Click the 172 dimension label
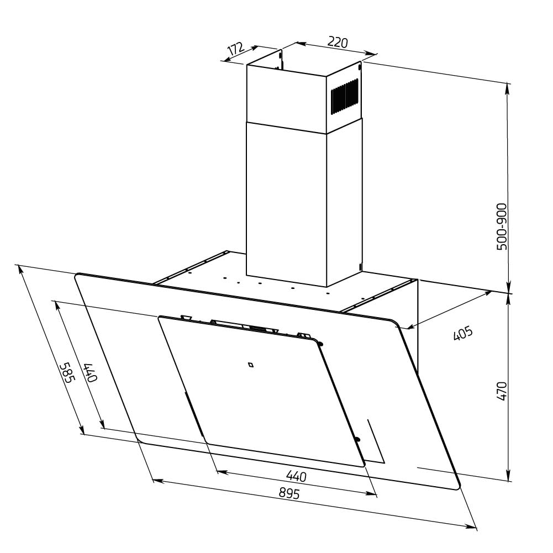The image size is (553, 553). [x=236, y=49]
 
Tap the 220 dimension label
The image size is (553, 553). [x=338, y=42]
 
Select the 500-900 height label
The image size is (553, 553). [x=502, y=227]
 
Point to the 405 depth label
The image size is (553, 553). [x=463, y=334]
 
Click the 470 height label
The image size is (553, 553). [x=502, y=391]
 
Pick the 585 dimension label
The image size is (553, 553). [x=68, y=373]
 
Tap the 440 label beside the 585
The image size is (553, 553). [x=91, y=373]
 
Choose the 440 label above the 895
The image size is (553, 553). [x=296, y=476]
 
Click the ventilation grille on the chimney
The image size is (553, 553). [x=345, y=96]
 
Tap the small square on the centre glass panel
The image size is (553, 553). [x=250, y=364]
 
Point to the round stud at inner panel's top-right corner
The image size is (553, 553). [x=321, y=344]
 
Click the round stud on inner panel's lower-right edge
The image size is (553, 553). [x=357, y=440]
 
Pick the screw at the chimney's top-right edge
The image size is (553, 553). [x=360, y=67]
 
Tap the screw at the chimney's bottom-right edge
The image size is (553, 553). [x=360, y=267]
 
